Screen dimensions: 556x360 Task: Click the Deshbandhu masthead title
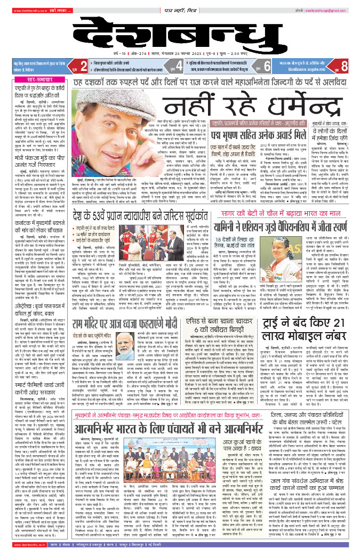point(180,32)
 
